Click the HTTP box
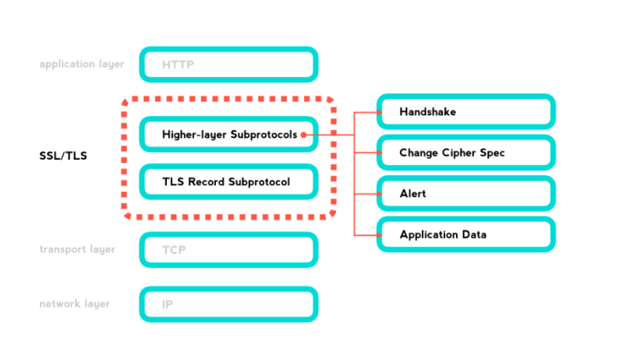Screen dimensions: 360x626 click(228, 65)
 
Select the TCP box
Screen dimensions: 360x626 click(228, 250)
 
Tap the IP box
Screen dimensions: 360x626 click(228, 304)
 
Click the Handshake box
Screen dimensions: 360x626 click(465, 112)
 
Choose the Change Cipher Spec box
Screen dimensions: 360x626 click(465, 153)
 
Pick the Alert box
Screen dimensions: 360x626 click(465, 193)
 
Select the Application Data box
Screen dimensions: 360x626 click(465, 235)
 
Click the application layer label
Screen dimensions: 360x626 click(82, 64)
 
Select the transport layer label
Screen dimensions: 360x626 click(77, 249)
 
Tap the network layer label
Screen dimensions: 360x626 click(74, 304)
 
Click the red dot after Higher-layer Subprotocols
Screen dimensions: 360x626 click(302, 135)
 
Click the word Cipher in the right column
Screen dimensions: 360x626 click(456, 153)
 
